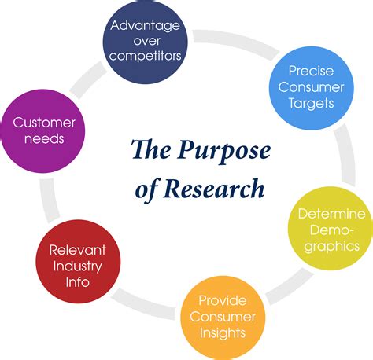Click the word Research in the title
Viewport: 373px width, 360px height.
[218, 189]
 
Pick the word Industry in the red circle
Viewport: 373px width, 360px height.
[77, 265]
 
